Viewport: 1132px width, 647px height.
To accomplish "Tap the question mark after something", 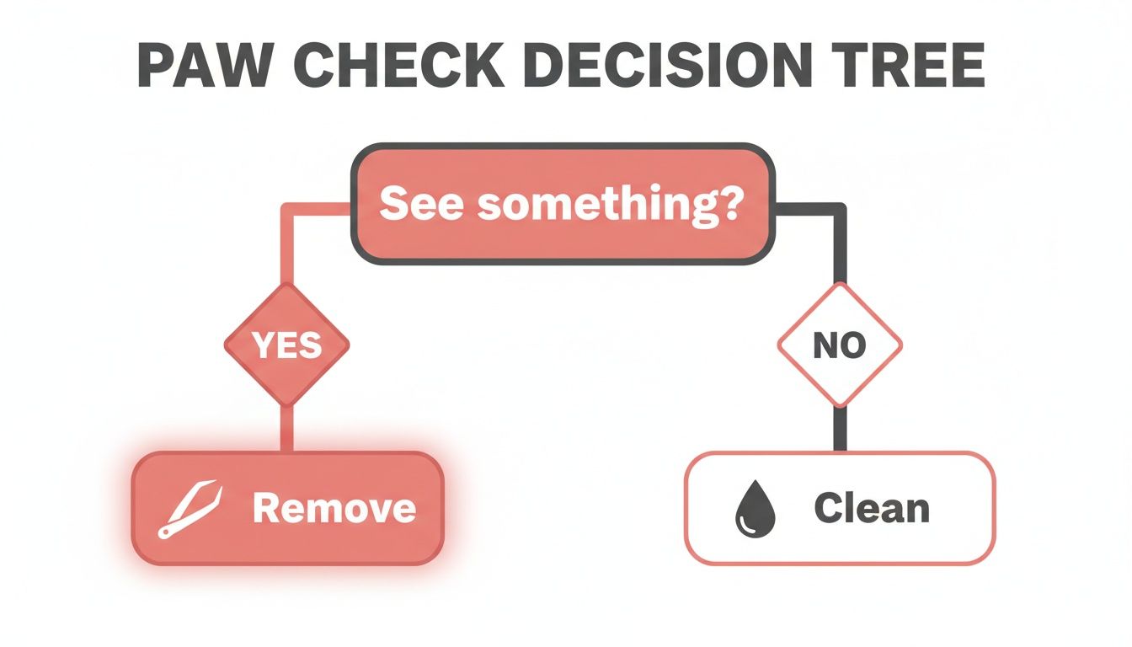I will click(729, 204).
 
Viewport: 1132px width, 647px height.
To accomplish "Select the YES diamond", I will click(286, 345).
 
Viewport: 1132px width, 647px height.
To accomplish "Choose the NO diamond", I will click(840, 345).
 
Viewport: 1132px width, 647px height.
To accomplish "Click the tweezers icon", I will click(190, 509).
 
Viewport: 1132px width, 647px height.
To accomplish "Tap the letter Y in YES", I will click(262, 345).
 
